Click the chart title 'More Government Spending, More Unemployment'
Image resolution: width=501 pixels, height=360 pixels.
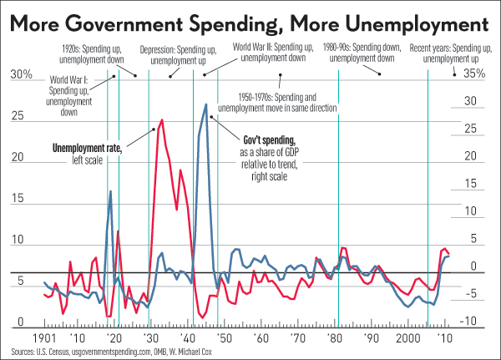click(250, 18)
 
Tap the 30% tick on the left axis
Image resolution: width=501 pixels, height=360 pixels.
click(21, 75)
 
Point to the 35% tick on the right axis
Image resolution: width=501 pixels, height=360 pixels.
click(473, 74)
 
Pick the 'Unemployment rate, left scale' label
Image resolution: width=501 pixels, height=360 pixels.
click(87, 153)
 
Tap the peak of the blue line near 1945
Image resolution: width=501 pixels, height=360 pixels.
click(205, 104)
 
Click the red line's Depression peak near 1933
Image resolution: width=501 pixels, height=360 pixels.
click(160, 120)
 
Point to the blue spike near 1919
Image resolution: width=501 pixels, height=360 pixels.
click(110, 191)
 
